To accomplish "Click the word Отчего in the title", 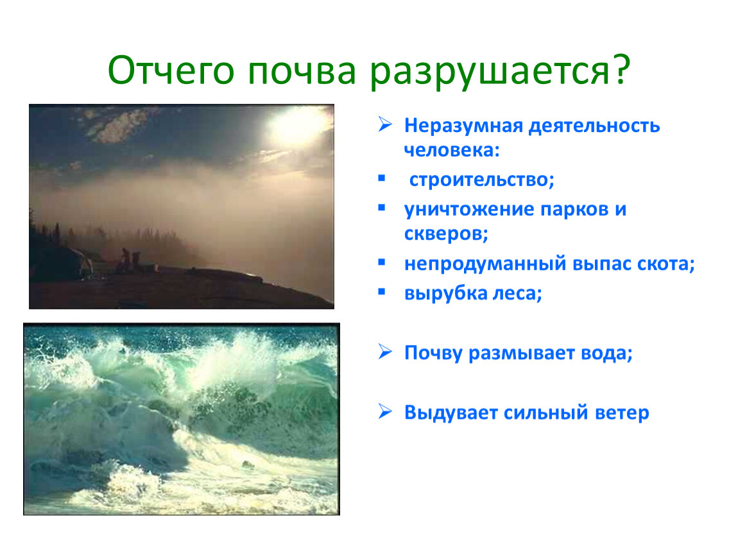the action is pyautogui.click(x=171, y=71).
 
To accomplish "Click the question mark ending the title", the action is pyautogui.click(x=621, y=69).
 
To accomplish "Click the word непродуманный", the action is pyautogui.click(x=485, y=264).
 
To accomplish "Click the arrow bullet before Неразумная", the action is pyautogui.click(x=385, y=124).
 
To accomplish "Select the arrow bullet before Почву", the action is pyautogui.click(x=385, y=352).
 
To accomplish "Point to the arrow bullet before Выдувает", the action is pyautogui.click(x=385, y=412).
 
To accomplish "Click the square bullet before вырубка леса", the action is pyautogui.click(x=382, y=292).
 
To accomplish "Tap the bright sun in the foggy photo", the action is pyautogui.click(x=296, y=124).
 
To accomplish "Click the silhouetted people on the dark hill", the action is pyautogui.click(x=130, y=260).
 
